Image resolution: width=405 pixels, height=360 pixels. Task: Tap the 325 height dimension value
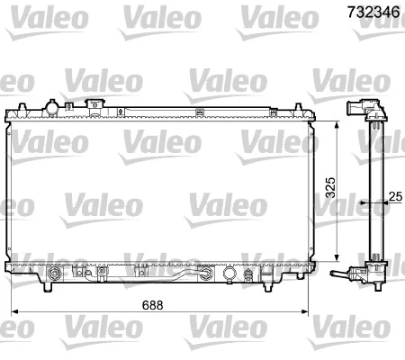[x=329, y=187]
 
